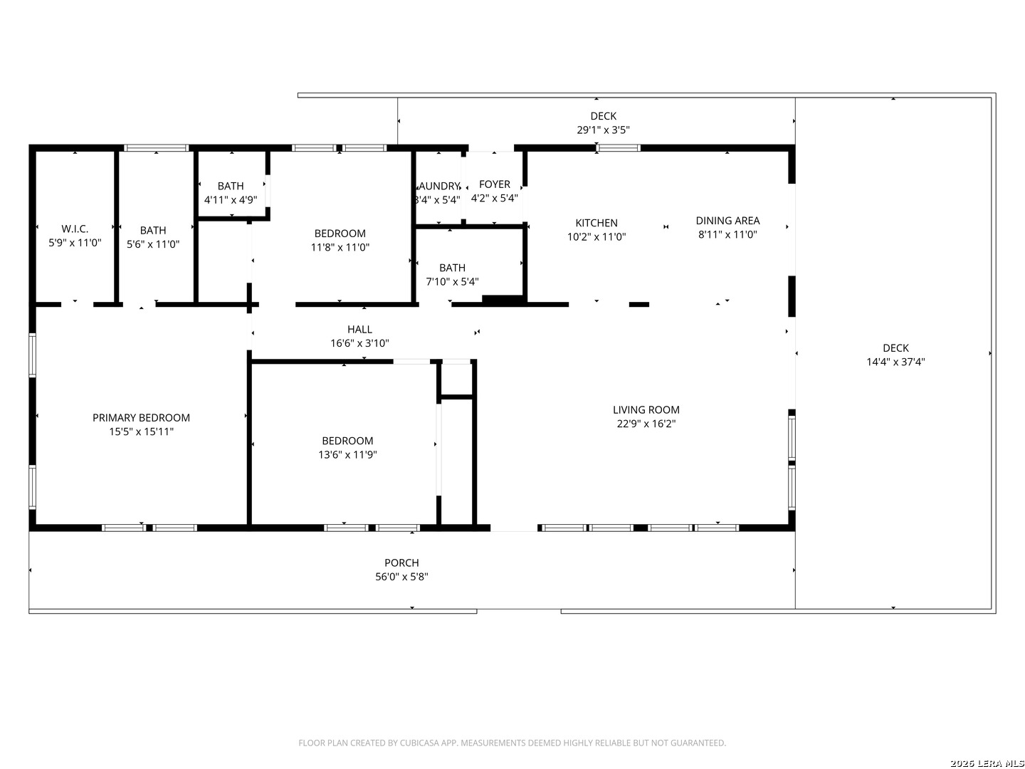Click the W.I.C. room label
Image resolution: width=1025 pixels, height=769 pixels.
tap(75, 229)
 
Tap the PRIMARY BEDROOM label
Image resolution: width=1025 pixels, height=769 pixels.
tap(141, 418)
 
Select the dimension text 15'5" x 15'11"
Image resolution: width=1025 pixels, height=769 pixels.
tap(141, 431)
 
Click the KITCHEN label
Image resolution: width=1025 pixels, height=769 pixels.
tap(596, 223)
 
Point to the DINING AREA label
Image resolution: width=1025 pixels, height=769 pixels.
tap(727, 221)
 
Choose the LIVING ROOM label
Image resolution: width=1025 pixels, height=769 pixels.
tap(646, 409)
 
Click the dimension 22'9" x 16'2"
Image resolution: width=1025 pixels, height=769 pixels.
tap(646, 424)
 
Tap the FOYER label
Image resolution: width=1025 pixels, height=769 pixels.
tap(494, 184)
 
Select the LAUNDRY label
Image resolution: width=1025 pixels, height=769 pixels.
tap(438, 187)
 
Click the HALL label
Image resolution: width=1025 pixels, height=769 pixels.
tap(359, 329)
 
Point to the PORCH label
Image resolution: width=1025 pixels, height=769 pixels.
tap(401, 563)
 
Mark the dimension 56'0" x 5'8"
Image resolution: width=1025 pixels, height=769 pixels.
tap(401, 577)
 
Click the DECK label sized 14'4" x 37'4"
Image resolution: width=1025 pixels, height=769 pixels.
tap(895, 348)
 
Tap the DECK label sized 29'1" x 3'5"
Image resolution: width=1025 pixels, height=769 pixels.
tap(603, 116)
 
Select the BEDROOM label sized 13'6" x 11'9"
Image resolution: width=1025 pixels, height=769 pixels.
tap(347, 441)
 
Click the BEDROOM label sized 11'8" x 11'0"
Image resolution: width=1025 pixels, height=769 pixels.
tap(340, 234)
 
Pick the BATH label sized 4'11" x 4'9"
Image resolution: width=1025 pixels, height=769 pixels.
tap(231, 186)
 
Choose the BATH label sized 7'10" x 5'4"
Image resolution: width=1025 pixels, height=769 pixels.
tap(452, 268)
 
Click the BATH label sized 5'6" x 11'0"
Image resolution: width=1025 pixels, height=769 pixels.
tap(153, 230)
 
